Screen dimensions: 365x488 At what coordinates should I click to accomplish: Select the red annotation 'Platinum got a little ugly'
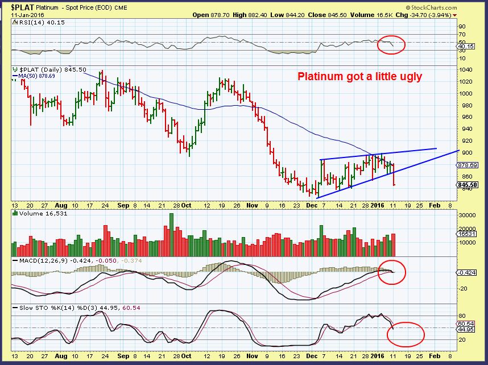click(x=361, y=76)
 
